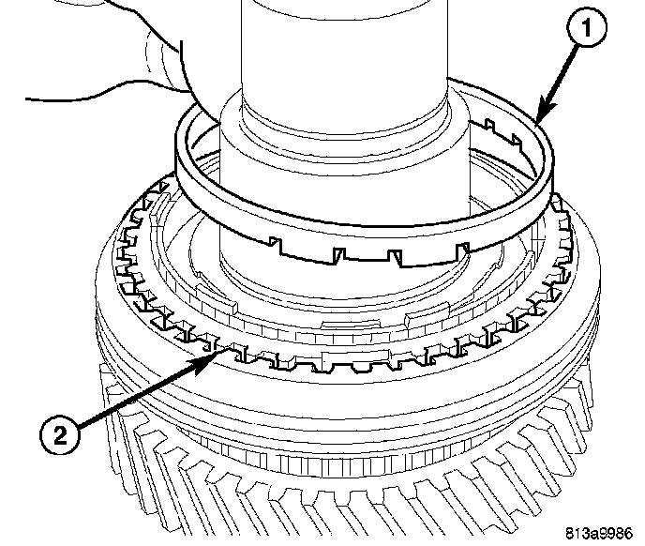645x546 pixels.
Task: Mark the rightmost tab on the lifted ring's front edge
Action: [462, 247]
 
